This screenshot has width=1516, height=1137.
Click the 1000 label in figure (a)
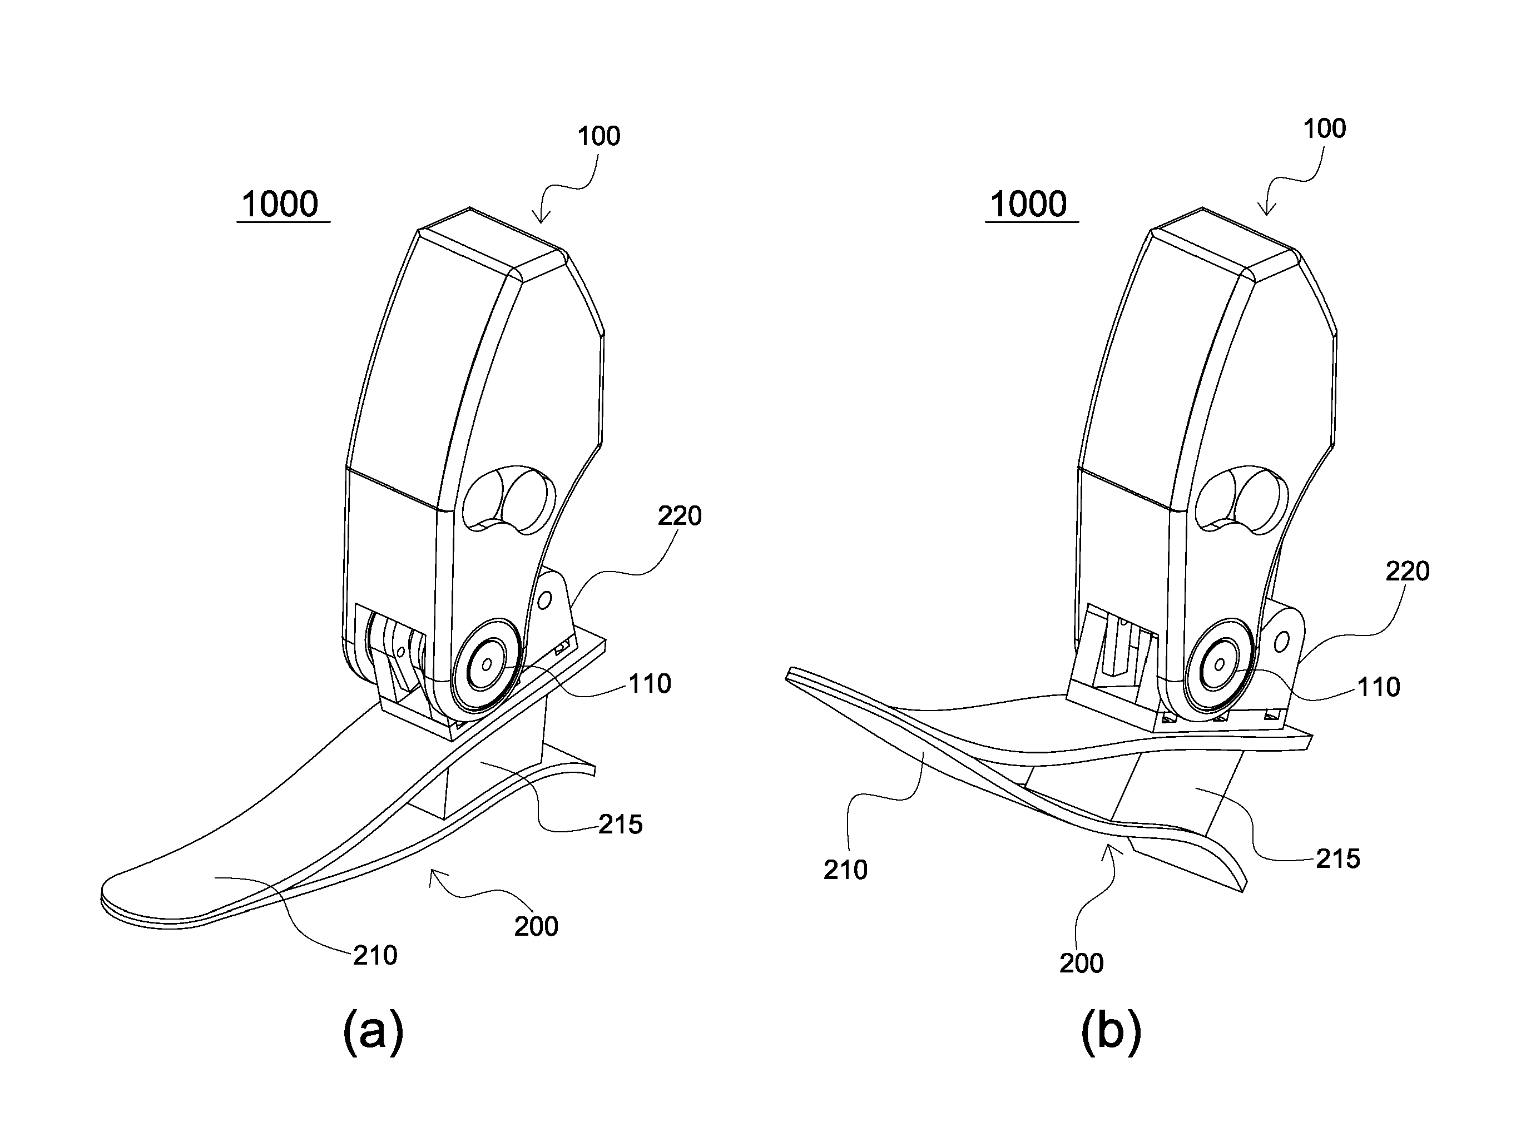[280, 204]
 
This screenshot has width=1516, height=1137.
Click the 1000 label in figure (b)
[1029, 204]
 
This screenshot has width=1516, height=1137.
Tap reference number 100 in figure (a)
[599, 136]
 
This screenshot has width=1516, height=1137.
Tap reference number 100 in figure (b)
[1324, 128]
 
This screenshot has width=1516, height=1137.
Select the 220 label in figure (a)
[680, 516]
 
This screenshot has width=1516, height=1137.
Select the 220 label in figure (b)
[1408, 571]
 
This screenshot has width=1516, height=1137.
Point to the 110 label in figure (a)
[650, 683]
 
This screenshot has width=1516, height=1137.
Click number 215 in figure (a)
[620, 825]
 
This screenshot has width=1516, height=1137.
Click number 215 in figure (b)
[1338, 859]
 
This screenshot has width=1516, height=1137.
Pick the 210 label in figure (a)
[375, 955]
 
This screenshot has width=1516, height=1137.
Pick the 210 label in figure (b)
[846, 870]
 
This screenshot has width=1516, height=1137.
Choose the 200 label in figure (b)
[1082, 964]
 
